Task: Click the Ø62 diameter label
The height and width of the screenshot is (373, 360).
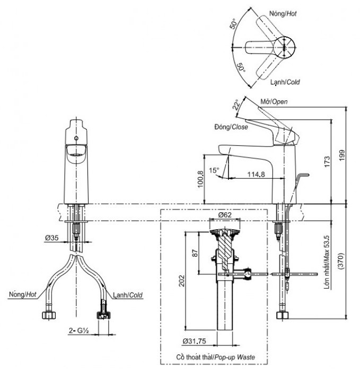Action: click(x=224, y=216)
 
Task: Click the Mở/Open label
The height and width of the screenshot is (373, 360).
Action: click(x=274, y=101)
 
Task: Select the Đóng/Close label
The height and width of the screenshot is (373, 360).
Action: click(x=231, y=127)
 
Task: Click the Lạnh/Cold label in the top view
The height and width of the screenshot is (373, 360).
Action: click(x=285, y=82)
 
